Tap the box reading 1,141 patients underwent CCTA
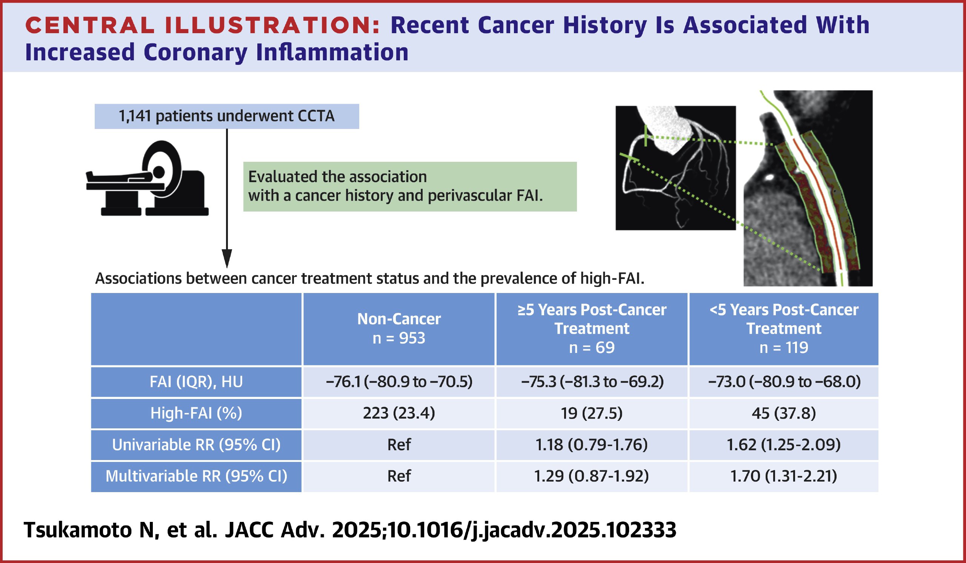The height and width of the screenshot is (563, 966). [x=226, y=116]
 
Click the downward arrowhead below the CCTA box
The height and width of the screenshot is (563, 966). [x=227, y=258]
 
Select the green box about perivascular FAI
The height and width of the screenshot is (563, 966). [x=410, y=187]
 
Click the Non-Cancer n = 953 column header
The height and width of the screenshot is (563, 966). [x=399, y=328]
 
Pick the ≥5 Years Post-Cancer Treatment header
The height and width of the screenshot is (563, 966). [x=591, y=328]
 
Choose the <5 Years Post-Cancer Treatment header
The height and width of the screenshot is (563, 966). [x=783, y=328]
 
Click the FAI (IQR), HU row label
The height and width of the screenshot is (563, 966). [x=196, y=382]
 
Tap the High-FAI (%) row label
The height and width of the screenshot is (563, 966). [x=196, y=413]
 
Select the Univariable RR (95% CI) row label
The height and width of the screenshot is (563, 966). [x=196, y=445]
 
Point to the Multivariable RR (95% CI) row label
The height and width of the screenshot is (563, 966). [x=196, y=476]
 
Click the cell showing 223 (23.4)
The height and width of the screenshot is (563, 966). [x=399, y=413]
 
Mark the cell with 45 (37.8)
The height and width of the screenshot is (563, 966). [x=783, y=413]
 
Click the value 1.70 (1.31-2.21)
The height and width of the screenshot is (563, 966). [x=783, y=476]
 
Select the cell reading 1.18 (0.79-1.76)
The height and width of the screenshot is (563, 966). [x=591, y=445]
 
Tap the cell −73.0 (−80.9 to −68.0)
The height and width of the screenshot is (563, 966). [x=783, y=382]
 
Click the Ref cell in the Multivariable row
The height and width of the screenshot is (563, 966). [x=399, y=476]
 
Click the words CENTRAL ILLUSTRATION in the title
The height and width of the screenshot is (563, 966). [x=202, y=26]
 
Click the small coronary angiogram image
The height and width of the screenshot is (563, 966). [x=675, y=168]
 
